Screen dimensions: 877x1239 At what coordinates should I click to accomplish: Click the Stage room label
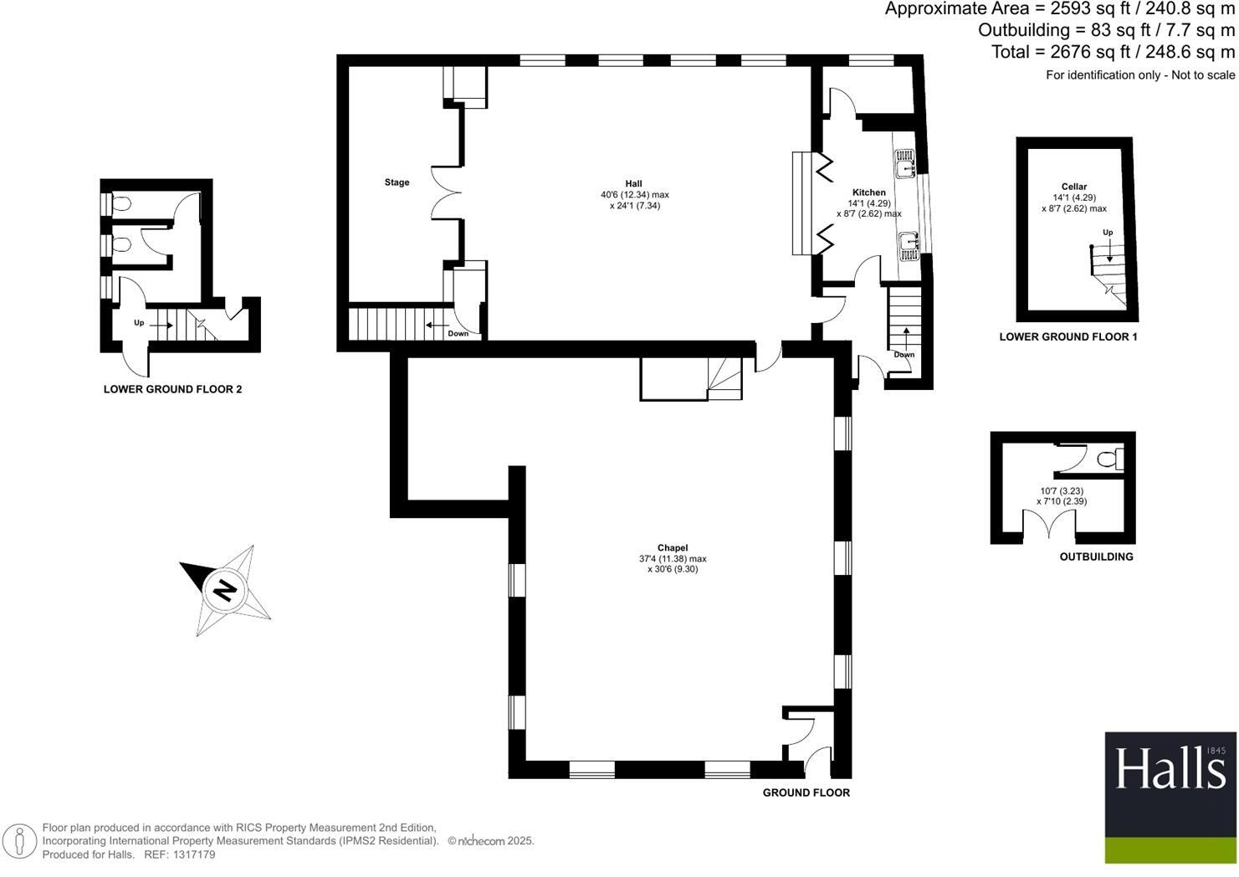pyautogui.click(x=397, y=182)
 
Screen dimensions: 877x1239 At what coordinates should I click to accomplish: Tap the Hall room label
pyautogui.click(x=633, y=184)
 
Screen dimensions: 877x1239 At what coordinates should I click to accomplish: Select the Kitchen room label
pyautogui.click(x=868, y=192)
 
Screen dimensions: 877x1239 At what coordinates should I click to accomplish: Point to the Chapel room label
pyautogui.click(x=672, y=548)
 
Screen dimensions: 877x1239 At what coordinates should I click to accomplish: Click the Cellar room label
pyautogui.click(x=1074, y=187)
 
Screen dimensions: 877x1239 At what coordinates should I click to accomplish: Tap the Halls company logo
pyautogui.click(x=1170, y=798)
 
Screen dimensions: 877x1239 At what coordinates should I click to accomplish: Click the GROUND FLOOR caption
pyautogui.click(x=806, y=792)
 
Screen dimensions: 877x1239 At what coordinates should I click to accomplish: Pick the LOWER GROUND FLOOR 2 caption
pyautogui.click(x=172, y=389)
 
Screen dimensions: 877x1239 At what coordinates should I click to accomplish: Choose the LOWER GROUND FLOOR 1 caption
pyautogui.click(x=1068, y=337)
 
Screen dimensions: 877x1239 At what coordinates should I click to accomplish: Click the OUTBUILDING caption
pyautogui.click(x=1096, y=556)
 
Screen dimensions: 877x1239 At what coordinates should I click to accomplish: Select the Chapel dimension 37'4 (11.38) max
pyautogui.click(x=672, y=559)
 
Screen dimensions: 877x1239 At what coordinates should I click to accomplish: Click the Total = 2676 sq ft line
pyautogui.click(x=1113, y=52)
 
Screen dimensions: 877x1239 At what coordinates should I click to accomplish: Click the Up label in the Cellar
pyautogui.click(x=1108, y=233)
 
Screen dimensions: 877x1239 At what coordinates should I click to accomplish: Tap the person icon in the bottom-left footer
pyautogui.click(x=20, y=841)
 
